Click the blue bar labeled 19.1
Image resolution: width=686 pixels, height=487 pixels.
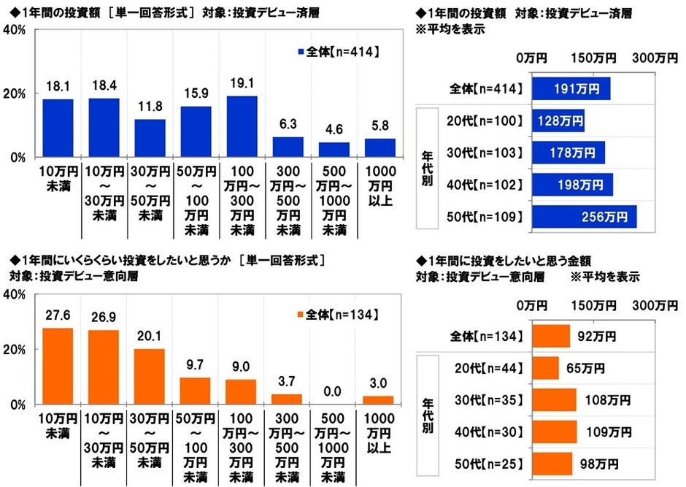[x=242, y=126]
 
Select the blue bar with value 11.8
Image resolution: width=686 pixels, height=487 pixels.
[x=150, y=138]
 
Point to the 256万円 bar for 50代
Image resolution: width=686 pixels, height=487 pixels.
[x=585, y=217]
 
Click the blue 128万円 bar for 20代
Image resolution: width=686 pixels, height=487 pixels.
[x=558, y=121]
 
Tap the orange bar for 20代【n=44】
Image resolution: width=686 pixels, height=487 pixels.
[x=546, y=367]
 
